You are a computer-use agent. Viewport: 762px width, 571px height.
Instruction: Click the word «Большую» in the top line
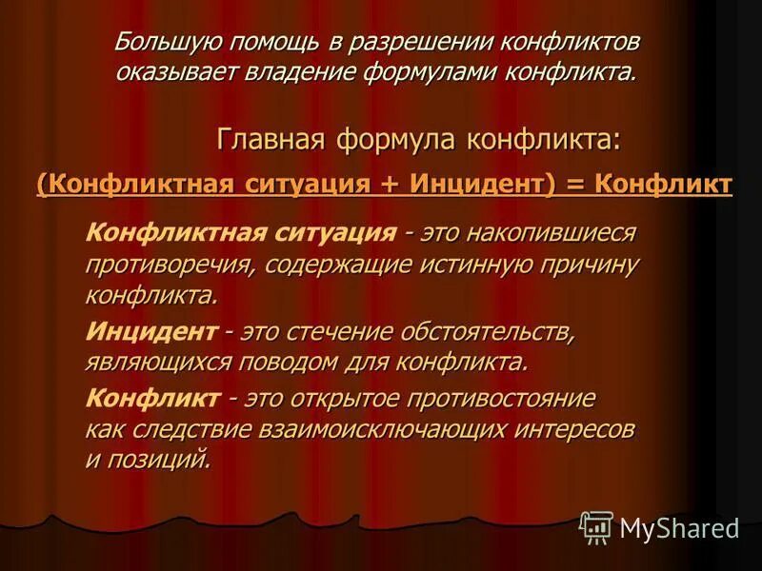[163, 44]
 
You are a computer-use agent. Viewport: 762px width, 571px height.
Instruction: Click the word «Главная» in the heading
[271, 139]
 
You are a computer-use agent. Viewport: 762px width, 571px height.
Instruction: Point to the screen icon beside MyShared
[597, 526]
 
